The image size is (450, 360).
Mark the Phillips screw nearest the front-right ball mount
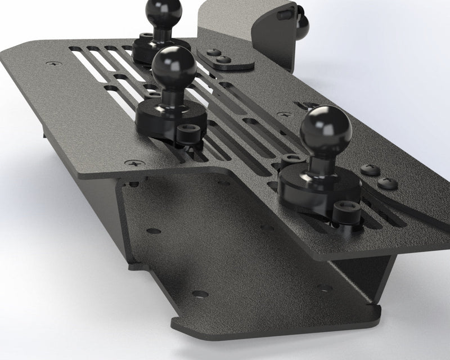(x=370, y=169)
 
